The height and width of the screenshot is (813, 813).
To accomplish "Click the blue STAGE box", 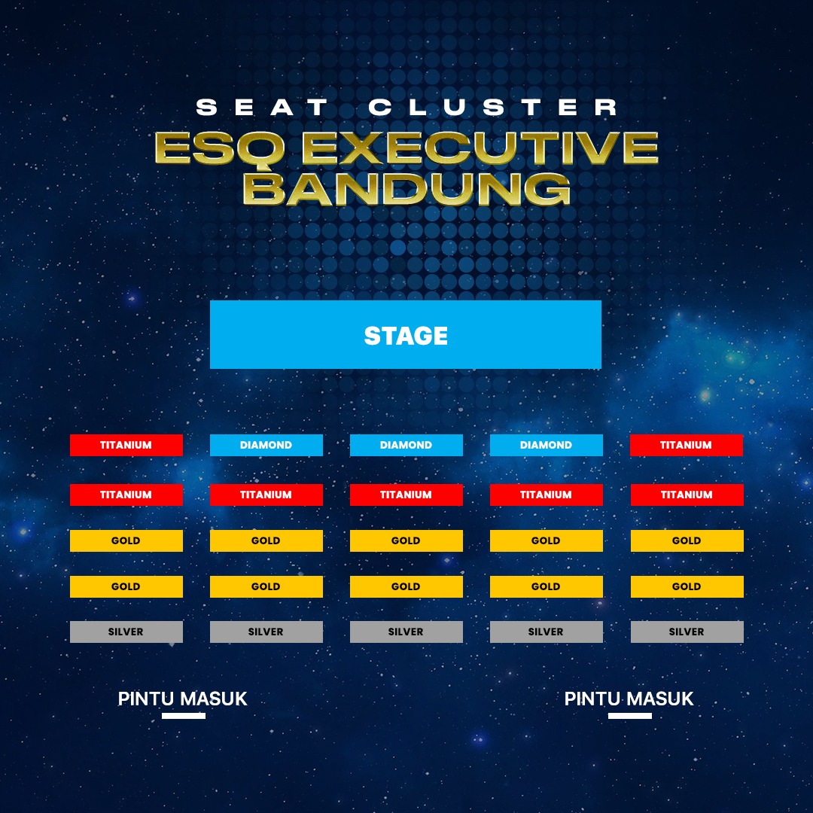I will click(x=406, y=335).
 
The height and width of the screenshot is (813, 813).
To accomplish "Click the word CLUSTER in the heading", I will click(x=493, y=108).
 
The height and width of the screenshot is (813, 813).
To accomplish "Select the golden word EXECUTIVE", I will click(x=480, y=148).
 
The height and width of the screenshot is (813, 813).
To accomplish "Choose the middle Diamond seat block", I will click(x=406, y=445).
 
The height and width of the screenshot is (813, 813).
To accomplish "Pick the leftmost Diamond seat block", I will click(x=266, y=445).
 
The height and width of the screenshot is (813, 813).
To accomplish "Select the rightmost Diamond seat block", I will click(x=546, y=445).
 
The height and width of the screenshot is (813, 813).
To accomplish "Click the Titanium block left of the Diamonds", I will click(x=126, y=445).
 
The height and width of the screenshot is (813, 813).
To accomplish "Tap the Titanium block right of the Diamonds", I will click(x=686, y=445).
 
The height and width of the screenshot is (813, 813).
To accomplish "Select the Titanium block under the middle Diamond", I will click(x=406, y=495).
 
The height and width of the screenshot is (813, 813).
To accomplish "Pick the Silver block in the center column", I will click(x=406, y=632).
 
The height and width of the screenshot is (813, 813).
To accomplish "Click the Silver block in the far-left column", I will click(x=126, y=632).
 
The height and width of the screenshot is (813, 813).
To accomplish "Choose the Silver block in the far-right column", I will click(x=687, y=632).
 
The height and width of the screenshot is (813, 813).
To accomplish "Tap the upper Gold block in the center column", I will click(x=406, y=540).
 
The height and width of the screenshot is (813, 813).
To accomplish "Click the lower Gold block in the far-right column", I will click(x=687, y=586).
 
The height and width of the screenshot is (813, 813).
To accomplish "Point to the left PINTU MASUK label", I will click(x=183, y=699).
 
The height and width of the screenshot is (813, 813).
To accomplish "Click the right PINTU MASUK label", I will click(x=629, y=699).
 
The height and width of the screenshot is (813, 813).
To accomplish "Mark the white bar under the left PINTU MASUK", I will click(x=183, y=716).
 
